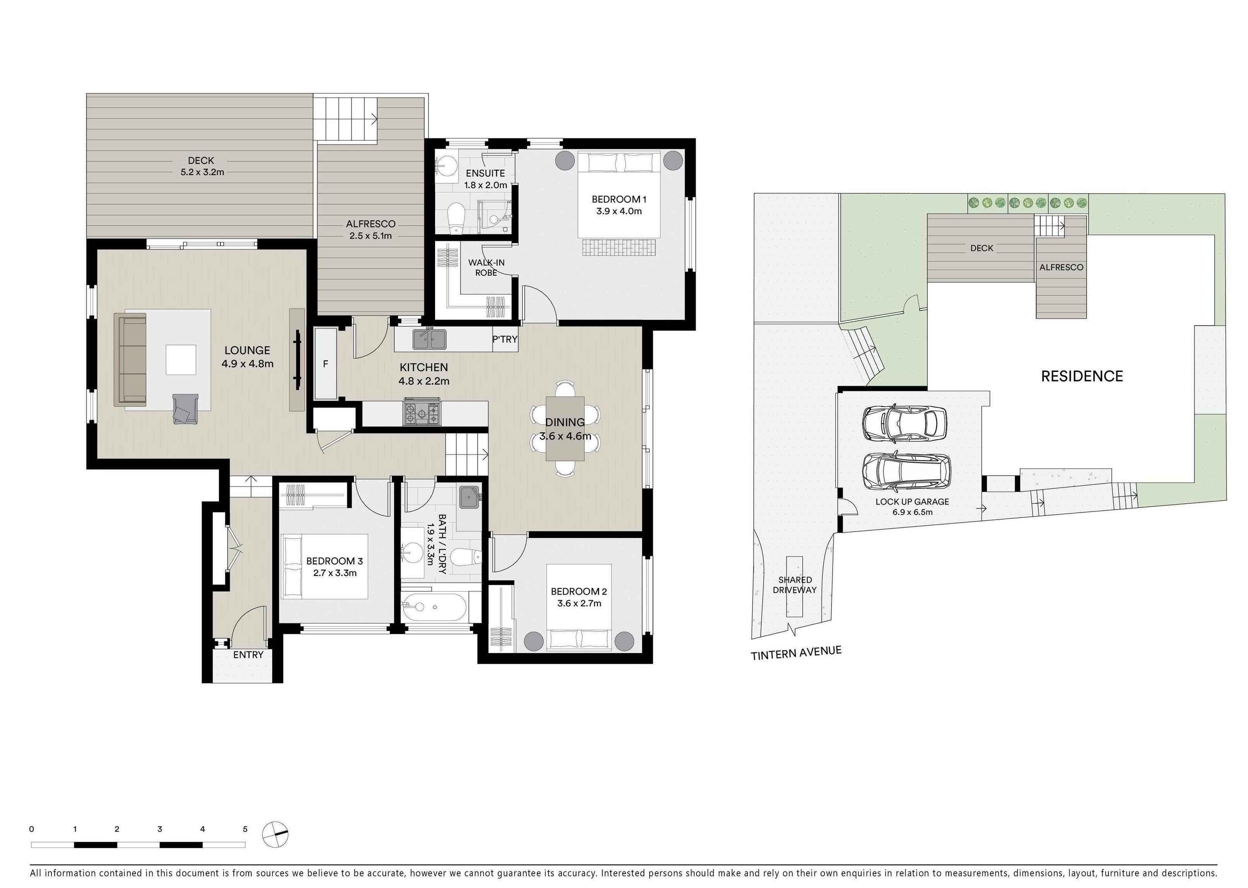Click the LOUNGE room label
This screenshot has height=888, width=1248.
coord(247,351)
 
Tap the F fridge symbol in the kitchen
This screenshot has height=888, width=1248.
coord(325,364)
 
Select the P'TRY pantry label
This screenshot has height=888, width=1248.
coord(504,339)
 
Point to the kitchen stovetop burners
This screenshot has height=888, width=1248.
coord(422,413)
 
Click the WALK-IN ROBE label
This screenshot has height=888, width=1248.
coord(486,268)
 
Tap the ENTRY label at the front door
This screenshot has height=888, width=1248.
coord(248,654)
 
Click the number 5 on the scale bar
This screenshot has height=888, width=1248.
coord(245,829)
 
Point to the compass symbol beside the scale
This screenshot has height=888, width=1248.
coord(275,834)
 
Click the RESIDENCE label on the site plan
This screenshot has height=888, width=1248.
coord(1082,376)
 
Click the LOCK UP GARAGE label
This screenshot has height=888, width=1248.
coord(912,501)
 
